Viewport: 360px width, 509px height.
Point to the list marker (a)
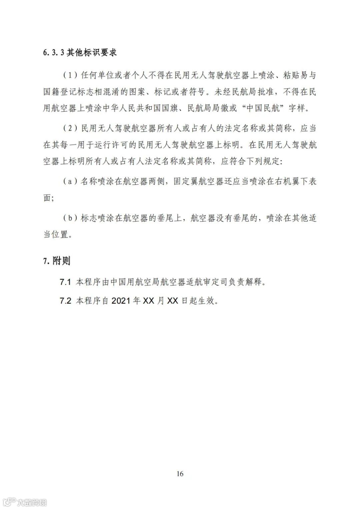pyautogui.click(x=70, y=182)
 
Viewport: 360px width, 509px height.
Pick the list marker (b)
pyautogui.click(x=70, y=218)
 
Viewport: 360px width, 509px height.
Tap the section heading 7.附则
pyautogui.click(x=57, y=261)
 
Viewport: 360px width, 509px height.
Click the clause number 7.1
pyautogui.click(x=65, y=282)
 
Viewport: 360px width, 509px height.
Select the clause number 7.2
pyautogui.click(x=65, y=301)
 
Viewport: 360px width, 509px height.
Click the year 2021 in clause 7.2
pyautogui.click(x=121, y=301)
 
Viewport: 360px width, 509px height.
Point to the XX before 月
pyautogui.click(x=148, y=301)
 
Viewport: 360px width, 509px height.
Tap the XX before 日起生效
pyautogui.click(x=172, y=301)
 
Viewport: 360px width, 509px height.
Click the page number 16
pyautogui.click(x=180, y=474)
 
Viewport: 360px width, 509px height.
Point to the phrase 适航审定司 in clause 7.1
pyautogui.click(x=206, y=282)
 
